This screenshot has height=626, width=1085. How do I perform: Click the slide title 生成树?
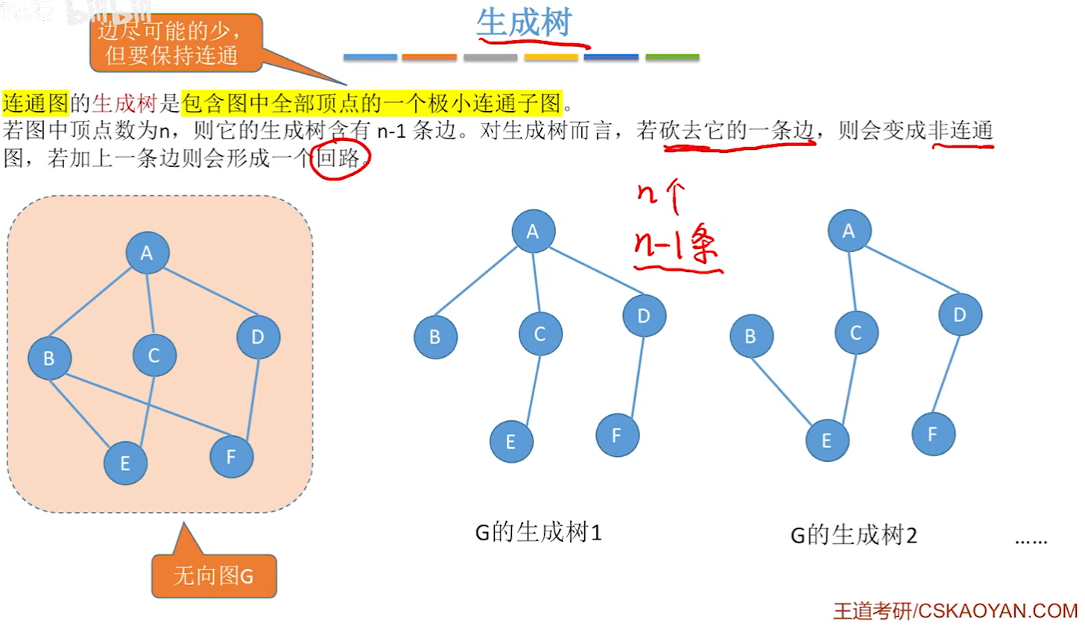coord(523,24)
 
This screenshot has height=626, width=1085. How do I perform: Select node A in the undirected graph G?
coord(147,254)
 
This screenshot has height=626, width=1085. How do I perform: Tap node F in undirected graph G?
coord(231,456)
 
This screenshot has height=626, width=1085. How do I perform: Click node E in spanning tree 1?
coord(511,442)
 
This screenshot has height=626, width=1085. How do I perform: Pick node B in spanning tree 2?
coord(750,336)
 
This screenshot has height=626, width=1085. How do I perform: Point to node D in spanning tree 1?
coord(644,316)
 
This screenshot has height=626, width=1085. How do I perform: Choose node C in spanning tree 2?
coord(855,332)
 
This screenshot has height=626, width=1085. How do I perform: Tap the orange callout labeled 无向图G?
coord(214,575)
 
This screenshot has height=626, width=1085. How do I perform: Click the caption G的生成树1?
coord(538,533)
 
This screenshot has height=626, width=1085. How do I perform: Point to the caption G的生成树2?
coord(853,536)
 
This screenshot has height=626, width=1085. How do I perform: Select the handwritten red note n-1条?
coord(675,249)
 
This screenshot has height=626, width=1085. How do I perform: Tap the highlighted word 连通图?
coord(36,102)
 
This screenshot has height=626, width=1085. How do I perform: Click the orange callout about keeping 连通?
coord(176,43)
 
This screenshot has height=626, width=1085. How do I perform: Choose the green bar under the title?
coord(672,57)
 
